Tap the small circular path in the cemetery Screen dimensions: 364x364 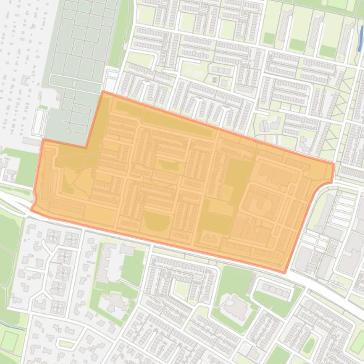(68, 130)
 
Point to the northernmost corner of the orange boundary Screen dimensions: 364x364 (103, 91)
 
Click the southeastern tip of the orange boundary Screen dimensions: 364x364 (285, 273)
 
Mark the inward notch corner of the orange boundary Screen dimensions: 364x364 (86, 147)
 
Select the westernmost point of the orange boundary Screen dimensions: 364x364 (31, 209)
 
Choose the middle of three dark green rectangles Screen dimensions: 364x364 (297, 45)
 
